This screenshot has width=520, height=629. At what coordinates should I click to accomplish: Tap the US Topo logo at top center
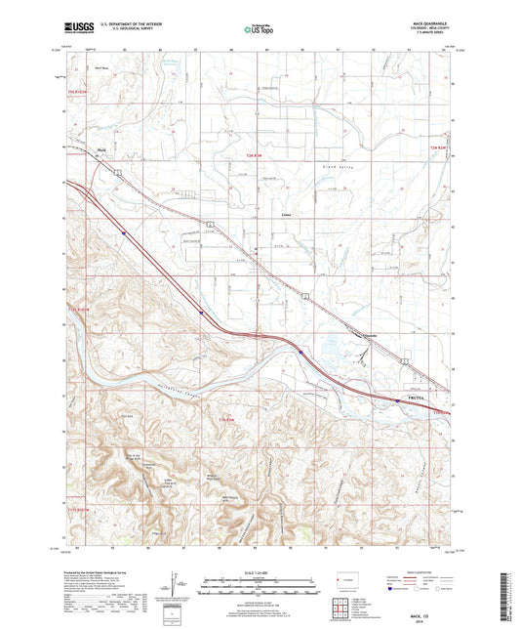[259, 30]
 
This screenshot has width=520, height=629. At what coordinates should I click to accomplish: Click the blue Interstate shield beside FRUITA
[397, 400]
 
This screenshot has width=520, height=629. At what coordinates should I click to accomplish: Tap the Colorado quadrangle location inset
[342, 582]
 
